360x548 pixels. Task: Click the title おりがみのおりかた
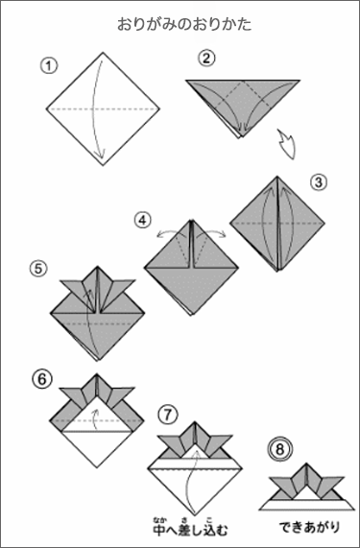[x=184, y=24]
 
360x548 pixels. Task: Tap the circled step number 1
[x=49, y=66]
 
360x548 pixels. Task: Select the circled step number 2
[x=206, y=59]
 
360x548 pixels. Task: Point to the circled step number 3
[x=318, y=182]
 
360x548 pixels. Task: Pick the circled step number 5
[x=38, y=269]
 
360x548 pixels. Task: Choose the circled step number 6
[x=41, y=379]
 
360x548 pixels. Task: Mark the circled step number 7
[x=168, y=415]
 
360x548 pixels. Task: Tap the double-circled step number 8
[x=280, y=449]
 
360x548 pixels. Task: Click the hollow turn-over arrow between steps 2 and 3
[x=287, y=144]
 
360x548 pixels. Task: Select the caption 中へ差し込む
[x=190, y=530]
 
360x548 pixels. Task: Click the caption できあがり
[x=310, y=528]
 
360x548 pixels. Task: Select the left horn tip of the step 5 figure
[x=60, y=280]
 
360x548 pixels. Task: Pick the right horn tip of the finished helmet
[x=345, y=477]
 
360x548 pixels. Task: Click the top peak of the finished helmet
[x=306, y=464]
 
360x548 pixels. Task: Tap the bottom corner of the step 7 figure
[x=194, y=516]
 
